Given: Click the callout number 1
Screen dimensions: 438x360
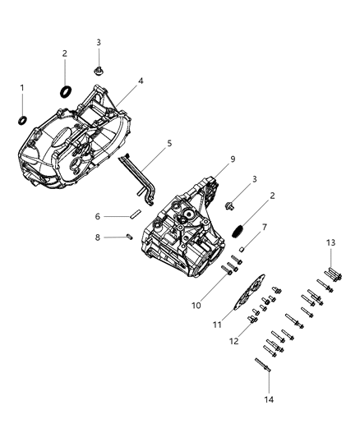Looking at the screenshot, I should point(22,87).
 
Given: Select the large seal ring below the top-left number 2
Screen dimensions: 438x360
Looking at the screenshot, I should point(64,90).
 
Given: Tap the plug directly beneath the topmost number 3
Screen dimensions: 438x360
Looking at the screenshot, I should point(98,70).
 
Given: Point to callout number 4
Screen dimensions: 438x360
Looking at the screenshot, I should point(141,82).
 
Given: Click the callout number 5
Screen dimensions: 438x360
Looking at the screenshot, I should point(169,143).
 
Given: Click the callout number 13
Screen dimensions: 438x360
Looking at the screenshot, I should point(330,242).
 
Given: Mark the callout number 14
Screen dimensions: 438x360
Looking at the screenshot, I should point(268,399).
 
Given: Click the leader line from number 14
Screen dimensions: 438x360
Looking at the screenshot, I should point(268,382).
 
